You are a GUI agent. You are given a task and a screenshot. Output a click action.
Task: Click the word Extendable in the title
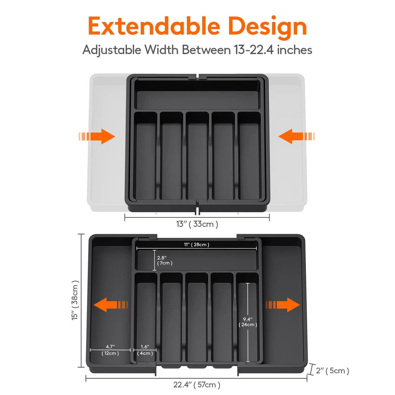point(154,26)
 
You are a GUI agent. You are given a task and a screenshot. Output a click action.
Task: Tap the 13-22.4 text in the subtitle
point(253,50)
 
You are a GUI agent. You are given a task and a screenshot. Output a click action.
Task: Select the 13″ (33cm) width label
point(197,224)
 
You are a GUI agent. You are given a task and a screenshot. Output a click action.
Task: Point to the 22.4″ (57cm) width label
point(197,385)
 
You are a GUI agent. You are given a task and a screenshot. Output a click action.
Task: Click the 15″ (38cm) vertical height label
point(75,300)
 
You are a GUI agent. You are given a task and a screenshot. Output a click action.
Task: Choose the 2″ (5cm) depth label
point(332,371)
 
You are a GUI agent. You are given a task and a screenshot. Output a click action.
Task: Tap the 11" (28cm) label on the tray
point(197,244)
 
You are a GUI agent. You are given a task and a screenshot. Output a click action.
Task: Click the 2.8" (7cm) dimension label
point(164,260)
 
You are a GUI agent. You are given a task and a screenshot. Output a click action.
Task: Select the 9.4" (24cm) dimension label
point(248,322)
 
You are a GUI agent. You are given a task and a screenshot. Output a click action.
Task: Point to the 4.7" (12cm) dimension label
point(110,350)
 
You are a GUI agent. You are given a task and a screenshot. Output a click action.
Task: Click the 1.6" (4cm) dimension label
point(145,350)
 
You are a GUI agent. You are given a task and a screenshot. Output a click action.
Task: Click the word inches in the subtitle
point(294,50)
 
